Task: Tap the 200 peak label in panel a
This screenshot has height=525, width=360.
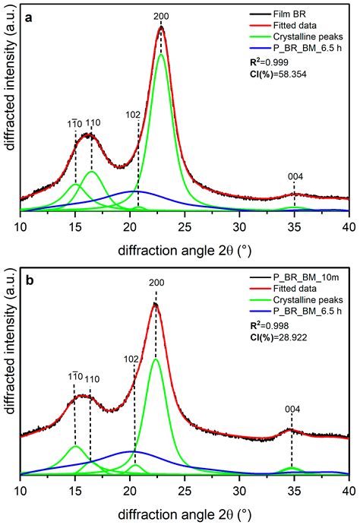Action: pyautogui.click(x=161, y=16)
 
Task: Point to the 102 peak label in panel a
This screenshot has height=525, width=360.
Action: pyautogui.click(x=134, y=115)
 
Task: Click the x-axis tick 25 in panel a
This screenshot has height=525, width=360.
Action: pyautogui.click(x=185, y=226)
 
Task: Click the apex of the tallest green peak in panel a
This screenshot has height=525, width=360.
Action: pyautogui.click(x=161, y=54)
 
